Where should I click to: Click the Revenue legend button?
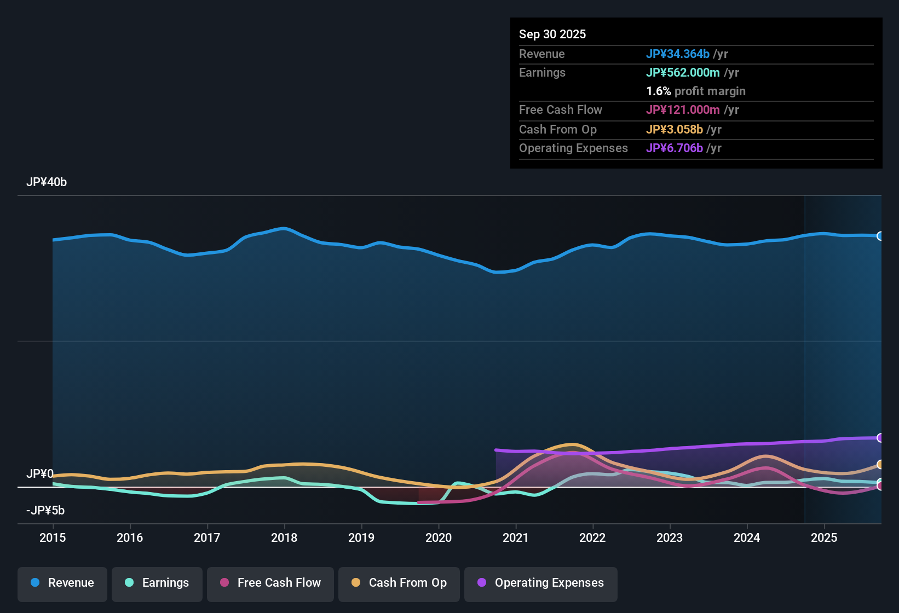(62, 583)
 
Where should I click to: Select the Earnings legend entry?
(157, 583)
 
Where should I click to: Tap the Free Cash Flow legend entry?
(270, 583)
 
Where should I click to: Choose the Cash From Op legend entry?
(399, 583)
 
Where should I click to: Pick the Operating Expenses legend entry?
(541, 583)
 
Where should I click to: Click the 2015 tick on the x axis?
(53, 537)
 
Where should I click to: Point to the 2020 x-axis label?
(439, 537)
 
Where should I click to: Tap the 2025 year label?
(824, 537)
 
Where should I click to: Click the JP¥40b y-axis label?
(47, 182)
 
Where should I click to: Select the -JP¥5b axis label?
(45, 511)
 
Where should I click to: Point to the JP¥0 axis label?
(40, 473)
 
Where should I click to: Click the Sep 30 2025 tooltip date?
(552, 34)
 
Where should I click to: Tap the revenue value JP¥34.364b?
(678, 54)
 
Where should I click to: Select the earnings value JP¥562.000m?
(683, 72)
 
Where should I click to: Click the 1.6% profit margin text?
(696, 91)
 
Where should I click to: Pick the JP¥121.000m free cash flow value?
(683, 109)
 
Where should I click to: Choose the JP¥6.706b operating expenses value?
(675, 148)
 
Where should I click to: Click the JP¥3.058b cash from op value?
(675, 129)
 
